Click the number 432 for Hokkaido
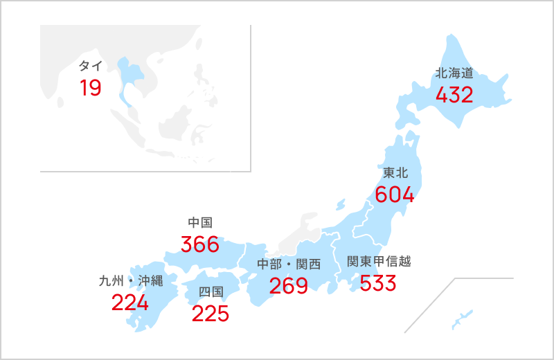[454, 95]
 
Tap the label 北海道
[454, 73]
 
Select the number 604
[395, 195]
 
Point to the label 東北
[395, 172]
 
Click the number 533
[377, 283]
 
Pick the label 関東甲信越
[379, 262]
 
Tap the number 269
[289, 285]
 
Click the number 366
[199, 244]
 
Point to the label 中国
[199, 222]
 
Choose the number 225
[210, 314]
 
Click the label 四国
[210, 291]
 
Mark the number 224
[130, 303]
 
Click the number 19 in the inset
[90, 88]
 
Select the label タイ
[91, 66]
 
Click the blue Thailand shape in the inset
[129, 73]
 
